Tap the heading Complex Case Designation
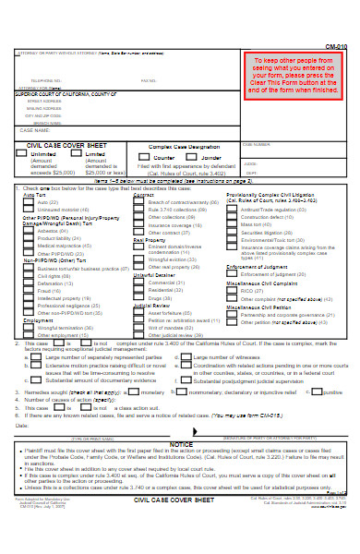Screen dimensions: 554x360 point(185,146)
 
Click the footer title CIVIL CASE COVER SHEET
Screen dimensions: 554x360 point(174,524)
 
